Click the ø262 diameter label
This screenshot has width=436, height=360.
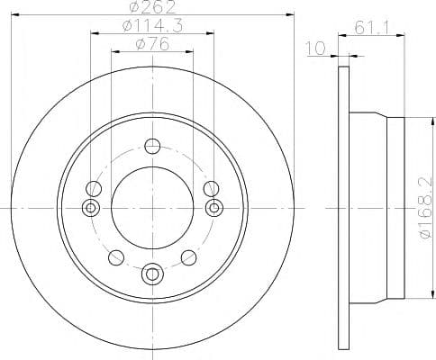[153, 7]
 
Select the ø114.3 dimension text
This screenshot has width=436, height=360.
[152, 26]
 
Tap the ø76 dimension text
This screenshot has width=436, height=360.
[152, 45]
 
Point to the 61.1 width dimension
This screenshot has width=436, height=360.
[372, 28]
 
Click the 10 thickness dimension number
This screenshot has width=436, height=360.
[315, 49]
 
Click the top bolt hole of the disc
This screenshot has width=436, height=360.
[152, 146]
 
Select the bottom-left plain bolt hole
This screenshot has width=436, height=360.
[116, 257]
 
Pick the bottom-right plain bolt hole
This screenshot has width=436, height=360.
[189, 257]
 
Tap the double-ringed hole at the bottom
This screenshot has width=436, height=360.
[152, 274]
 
